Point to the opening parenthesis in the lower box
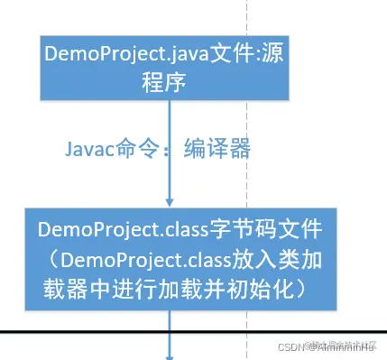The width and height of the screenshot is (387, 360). pyautogui.click(x=57, y=260)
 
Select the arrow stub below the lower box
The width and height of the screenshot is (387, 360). pyautogui.click(x=170, y=347)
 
